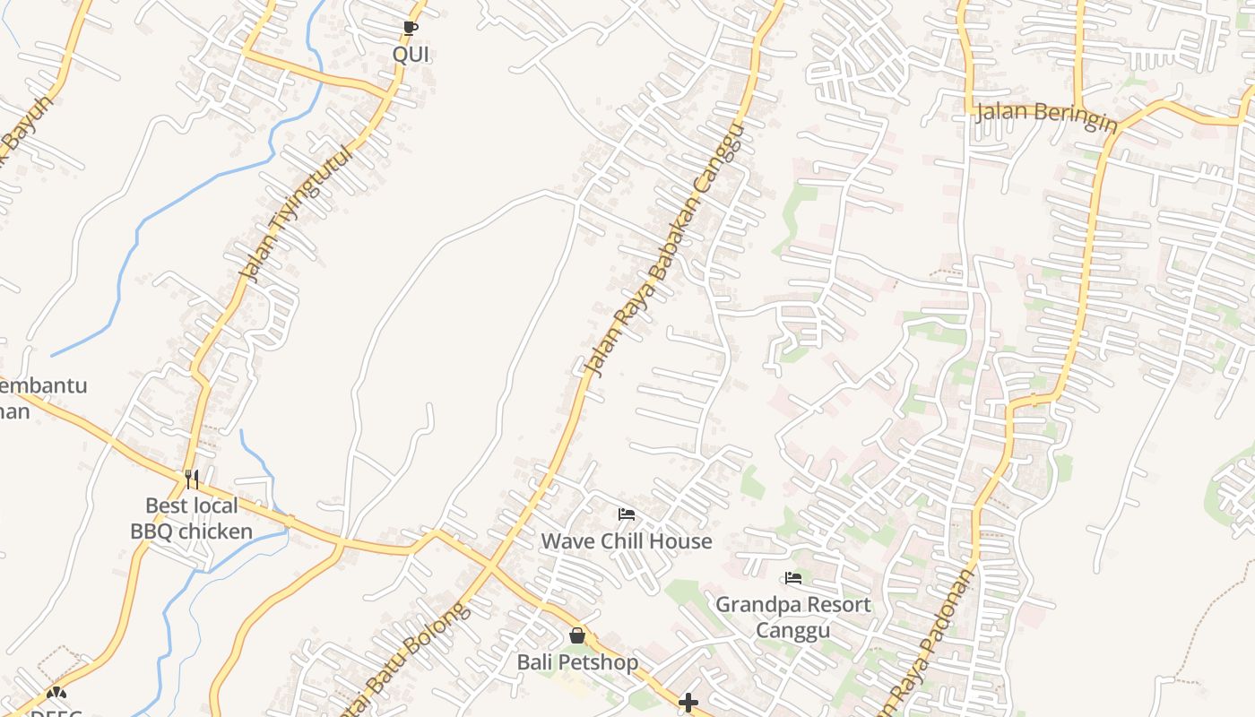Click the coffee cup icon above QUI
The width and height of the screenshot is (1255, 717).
point(411,29)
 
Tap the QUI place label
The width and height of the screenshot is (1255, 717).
point(411,55)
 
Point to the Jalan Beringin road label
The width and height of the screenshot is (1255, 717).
point(1046,115)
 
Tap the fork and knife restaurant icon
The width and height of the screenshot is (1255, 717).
point(191,479)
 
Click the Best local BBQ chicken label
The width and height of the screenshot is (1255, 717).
point(191,519)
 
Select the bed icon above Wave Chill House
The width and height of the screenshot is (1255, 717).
point(627,514)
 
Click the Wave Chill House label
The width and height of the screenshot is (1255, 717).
point(627,541)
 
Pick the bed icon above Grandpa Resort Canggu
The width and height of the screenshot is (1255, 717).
point(792,578)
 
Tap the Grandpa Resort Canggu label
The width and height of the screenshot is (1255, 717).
point(792,617)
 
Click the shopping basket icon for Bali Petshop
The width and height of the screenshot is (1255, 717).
point(577,635)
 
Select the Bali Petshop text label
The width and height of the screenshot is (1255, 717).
point(577,662)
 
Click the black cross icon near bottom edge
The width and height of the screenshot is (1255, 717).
point(688,703)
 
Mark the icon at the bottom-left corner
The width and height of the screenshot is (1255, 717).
point(56,694)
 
